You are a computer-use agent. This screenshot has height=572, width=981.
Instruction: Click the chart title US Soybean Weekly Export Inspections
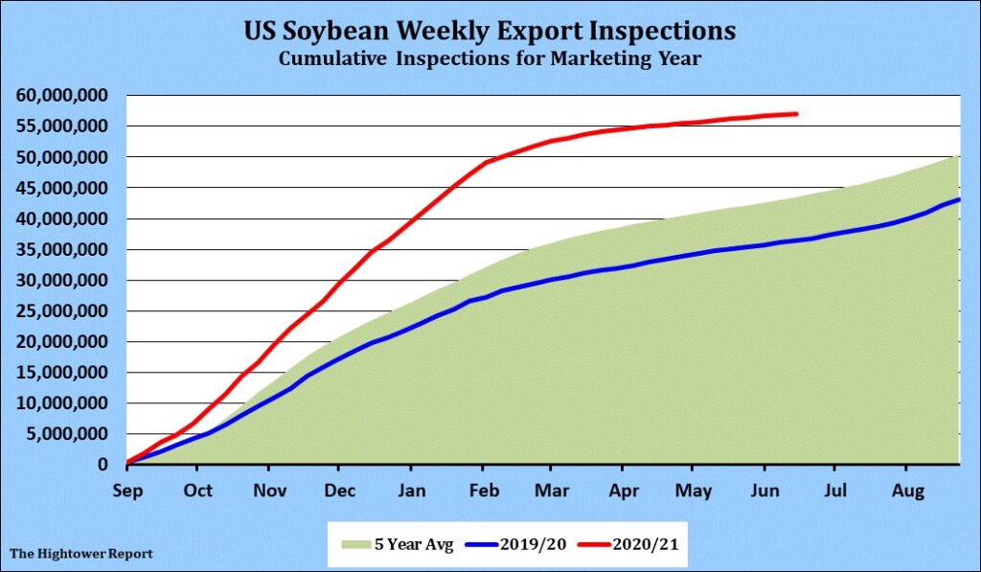tap(490, 32)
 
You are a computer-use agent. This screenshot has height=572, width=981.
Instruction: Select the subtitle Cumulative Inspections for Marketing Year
tap(490, 59)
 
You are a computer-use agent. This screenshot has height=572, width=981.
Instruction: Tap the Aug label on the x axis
tap(907, 492)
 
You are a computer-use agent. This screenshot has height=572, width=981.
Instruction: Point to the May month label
tap(694, 492)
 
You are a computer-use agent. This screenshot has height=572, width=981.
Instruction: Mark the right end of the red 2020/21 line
tap(796, 114)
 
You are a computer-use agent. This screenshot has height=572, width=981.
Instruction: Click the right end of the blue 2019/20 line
tap(959, 199)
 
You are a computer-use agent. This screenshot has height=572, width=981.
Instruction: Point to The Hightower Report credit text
tap(80, 554)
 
